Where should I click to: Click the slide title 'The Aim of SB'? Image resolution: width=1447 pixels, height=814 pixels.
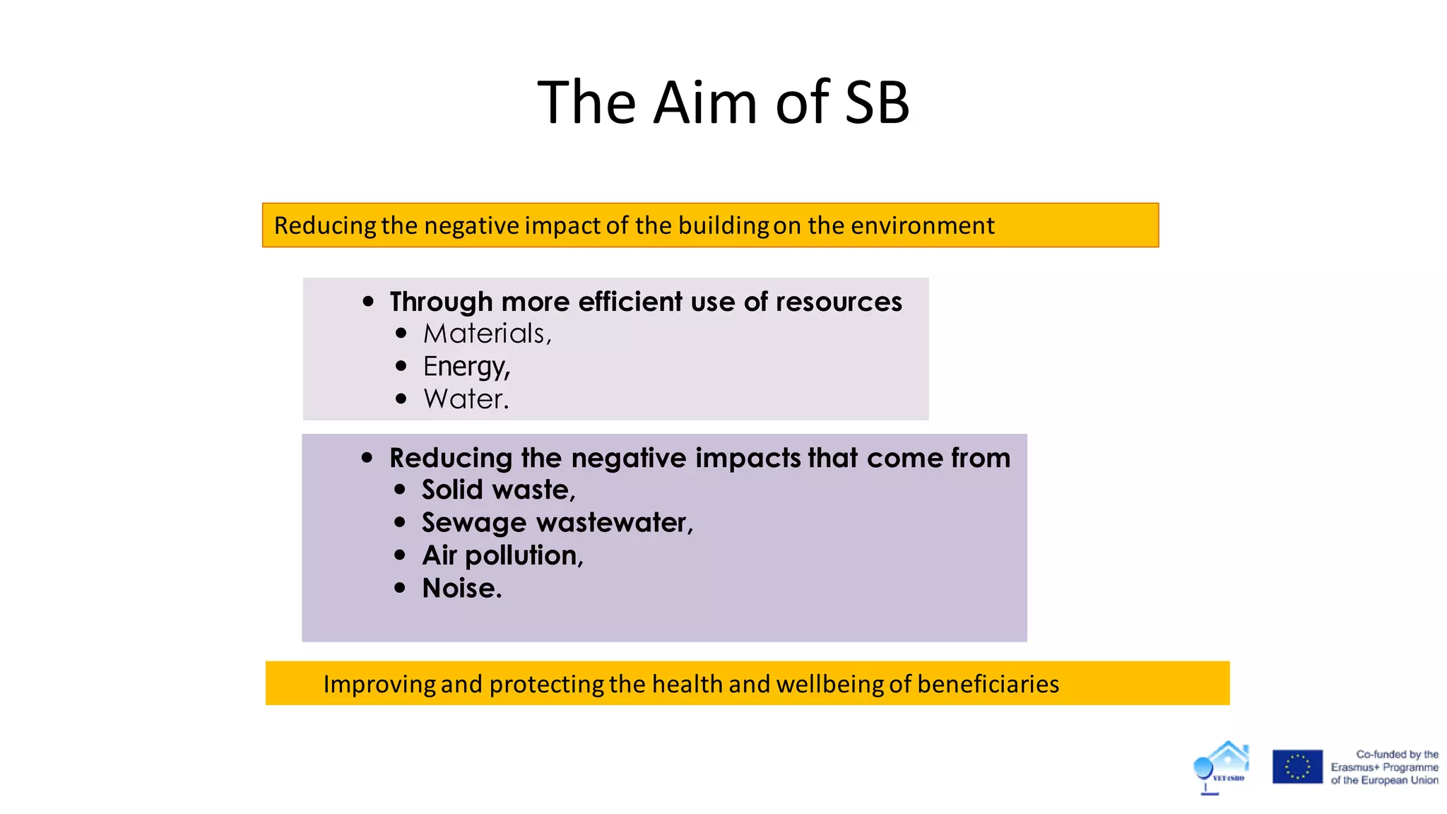click(723, 103)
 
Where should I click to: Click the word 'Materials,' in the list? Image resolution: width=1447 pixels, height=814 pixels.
click(487, 334)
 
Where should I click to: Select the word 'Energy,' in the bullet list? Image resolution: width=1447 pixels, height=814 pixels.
click(466, 367)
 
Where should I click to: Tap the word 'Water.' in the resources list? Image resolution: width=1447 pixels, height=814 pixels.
click(466, 399)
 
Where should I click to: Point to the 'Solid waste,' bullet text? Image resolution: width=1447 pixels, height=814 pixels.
click(499, 490)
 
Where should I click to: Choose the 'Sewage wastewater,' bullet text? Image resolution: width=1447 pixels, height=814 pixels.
click(557, 523)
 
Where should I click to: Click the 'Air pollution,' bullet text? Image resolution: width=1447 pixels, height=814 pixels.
click(502, 555)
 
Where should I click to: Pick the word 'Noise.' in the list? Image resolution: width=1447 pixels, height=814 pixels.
click(462, 589)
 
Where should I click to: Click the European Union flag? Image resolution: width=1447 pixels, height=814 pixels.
click(1297, 767)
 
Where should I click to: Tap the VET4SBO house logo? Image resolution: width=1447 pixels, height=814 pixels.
click(1222, 767)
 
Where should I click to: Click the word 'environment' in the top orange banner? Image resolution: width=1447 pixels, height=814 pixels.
click(922, 225)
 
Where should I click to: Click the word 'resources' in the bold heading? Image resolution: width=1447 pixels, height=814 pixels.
click(839, 302)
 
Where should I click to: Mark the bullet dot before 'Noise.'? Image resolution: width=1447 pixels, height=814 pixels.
click(401, 588)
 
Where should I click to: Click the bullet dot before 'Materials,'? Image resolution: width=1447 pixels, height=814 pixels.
click(402, 333)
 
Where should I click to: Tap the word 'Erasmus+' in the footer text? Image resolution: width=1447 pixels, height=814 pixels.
click(1354, 767)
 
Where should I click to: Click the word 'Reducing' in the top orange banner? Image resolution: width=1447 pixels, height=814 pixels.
click(325, 225)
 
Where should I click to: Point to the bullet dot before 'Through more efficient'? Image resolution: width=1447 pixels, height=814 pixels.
click(368, 301)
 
